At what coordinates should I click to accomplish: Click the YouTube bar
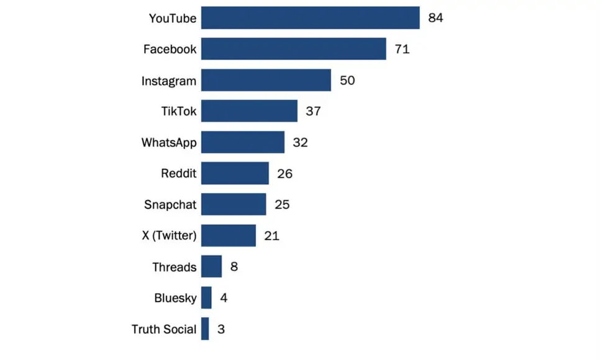[x=311, y=18]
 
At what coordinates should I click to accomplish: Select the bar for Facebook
[x=293, y=49]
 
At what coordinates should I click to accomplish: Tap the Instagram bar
[x=266, y=80]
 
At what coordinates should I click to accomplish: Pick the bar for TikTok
[x=249, y=111]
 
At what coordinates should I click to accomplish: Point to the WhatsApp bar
[x=243, y=142]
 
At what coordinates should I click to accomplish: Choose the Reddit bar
[x=235, y=173]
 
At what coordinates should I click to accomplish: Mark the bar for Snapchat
[x=234, y=204]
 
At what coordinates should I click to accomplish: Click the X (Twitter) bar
[x=229, y=235]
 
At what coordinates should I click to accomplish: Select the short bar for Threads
[x=211, y=267]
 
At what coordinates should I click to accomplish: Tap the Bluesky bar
[x=206, y=298]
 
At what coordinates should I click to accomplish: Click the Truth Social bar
[x=205, y=329]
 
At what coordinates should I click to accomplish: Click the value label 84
[x=435, y=18]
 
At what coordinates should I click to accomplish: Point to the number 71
[x=402, y=49]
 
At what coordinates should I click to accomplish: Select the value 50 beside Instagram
[x=347, y=80]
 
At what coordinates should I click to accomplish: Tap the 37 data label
[x=313, y=111]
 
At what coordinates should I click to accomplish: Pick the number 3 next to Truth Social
[x=221, y=329]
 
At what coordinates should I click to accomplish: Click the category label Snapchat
[x=170, y=204]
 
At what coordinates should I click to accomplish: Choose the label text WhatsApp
[x=169, y=142]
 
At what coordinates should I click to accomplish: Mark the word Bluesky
[x=175, y=298]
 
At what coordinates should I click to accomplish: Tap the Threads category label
[x=175, y=267]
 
